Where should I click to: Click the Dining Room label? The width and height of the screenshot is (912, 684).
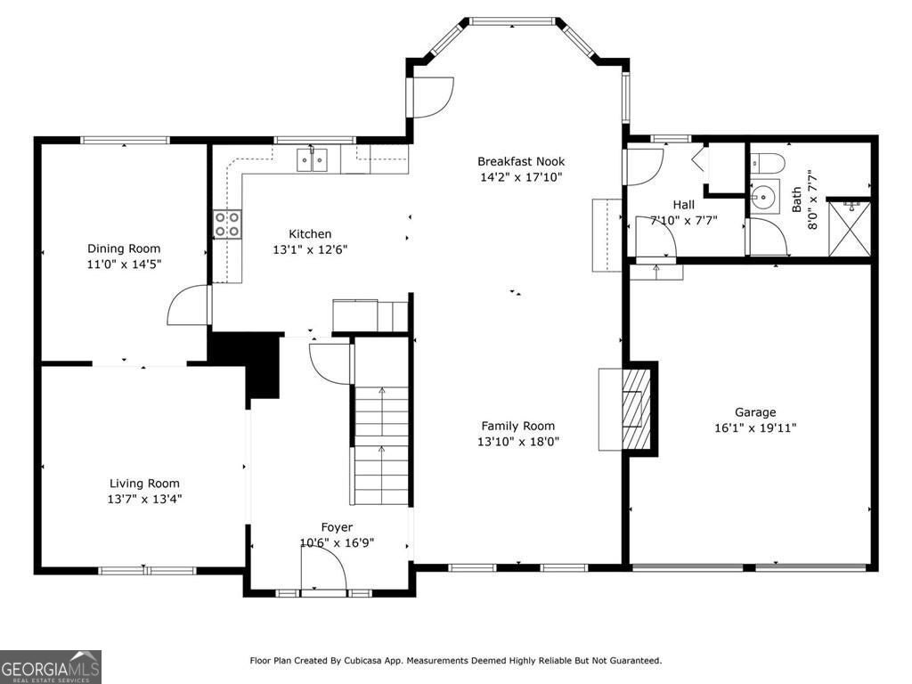[124, 248]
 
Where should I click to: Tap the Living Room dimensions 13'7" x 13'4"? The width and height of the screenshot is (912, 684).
[144, 500]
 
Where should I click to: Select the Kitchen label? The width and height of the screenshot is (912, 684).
[309, 234]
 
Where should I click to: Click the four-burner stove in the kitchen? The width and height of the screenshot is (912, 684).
[227, 224]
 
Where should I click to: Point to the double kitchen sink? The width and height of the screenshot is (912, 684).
[312, 160]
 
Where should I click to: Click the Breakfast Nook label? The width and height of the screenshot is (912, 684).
[521, 161]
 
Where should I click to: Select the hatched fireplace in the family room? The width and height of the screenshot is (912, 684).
[636, 410]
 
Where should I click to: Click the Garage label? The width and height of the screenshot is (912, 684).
[754, 411]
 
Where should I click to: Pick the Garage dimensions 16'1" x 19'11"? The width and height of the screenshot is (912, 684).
[754, 427]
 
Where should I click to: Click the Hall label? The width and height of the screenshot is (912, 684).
[683, 205]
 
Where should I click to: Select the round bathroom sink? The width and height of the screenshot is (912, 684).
[762, 198]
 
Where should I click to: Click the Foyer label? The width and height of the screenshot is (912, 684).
[337, 527]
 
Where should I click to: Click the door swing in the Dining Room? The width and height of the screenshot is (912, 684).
[188, 305]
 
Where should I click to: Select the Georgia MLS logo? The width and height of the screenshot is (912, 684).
[51, 666]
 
